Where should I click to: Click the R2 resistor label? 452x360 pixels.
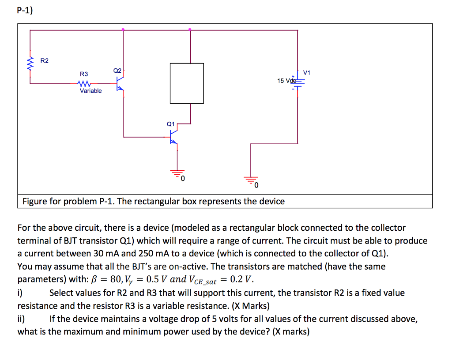point(45,60)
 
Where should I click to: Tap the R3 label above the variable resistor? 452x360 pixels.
point(84,74)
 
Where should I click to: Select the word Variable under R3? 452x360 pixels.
point(90,91)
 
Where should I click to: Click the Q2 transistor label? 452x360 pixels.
point(117,71)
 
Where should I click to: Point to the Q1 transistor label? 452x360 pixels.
point(171,124)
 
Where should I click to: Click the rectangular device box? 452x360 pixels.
point(187,83)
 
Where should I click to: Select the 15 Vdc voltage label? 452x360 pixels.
point(286,81)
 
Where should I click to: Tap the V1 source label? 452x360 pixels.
point(307,72)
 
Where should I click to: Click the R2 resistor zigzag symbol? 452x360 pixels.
point(30,64)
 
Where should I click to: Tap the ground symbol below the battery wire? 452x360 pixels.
point(251,179)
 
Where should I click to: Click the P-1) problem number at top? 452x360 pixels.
point(25,11)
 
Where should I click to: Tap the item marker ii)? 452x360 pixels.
point(22,319)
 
